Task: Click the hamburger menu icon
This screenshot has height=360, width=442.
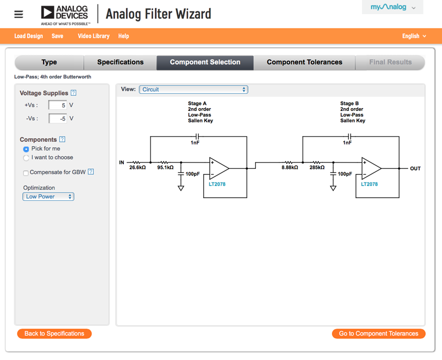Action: [19, 14]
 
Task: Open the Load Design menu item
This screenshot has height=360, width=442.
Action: [28, 36]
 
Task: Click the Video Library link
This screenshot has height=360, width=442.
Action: [94, 36]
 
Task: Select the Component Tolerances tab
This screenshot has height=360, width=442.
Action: [304, 62]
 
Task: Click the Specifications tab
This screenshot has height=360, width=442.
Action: [120, 62]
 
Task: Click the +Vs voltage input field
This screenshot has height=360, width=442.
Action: [58, 105]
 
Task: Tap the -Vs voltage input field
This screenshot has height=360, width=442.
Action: [58, 118]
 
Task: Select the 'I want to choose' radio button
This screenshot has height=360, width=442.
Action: [26, 158]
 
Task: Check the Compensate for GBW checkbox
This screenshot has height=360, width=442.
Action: [26, 173]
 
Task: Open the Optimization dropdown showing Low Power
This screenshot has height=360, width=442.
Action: [48, 196]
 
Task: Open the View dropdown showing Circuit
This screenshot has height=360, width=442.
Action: [193, 90]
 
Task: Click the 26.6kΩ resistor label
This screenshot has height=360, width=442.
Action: [138, 167]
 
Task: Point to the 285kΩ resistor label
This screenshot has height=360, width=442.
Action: [317, 167]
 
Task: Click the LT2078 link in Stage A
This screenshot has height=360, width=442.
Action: [217, 184]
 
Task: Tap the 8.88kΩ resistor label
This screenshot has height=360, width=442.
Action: [290, 167]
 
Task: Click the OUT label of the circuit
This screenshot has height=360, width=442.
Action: [415, 168]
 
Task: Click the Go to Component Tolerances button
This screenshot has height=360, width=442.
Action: [379, 333]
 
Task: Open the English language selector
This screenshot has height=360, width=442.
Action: [414, 36]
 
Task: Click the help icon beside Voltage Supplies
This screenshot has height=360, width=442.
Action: [74, 93]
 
